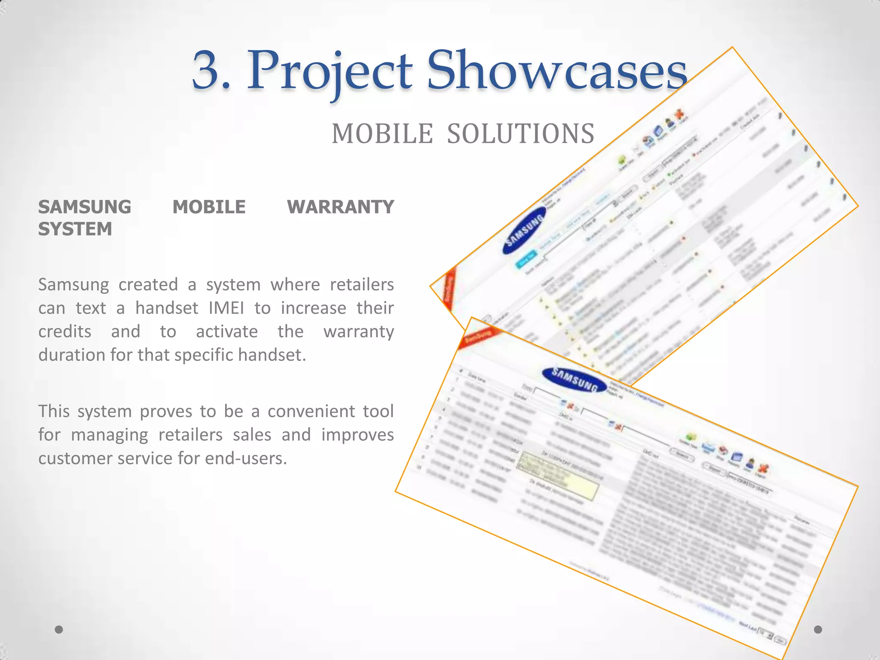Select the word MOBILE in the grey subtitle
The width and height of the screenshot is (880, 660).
pos(382,134)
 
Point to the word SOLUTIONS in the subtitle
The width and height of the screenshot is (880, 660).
pos(521,134)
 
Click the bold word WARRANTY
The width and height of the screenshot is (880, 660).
pos(340,207)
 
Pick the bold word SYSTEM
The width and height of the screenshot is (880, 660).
pos(75,229)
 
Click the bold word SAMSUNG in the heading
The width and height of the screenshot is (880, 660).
pos(85,207)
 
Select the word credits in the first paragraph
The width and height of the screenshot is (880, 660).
pos(65,332)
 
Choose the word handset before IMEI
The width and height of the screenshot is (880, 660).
pos(167,308)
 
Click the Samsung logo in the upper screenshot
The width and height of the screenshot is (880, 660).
pos(525,230)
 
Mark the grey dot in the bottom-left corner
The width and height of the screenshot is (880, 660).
pos(59,629)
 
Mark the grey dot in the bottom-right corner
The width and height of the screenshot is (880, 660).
pos(818,629)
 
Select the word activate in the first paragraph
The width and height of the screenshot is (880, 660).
pos(227,332)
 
